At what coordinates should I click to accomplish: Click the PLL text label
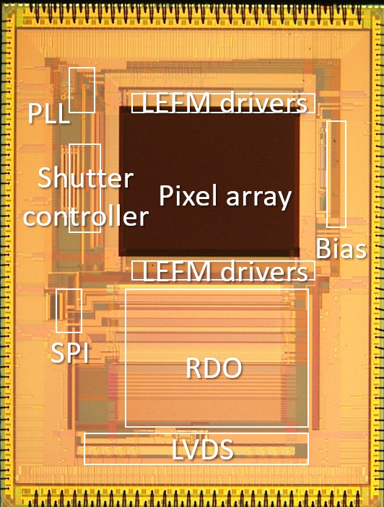tap(48, 113)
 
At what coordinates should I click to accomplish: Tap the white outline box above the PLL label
tap(69, 90)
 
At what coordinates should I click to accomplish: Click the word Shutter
tap(85, 177)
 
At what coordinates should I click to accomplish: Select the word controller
tap(86, 216)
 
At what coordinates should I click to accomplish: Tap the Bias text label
tap(341, 248)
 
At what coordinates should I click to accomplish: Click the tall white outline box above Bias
tap(327, 174)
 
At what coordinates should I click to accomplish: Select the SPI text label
tap(69, 353)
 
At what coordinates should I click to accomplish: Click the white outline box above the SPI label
tap(56, 310)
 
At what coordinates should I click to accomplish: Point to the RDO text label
tap(214, 368)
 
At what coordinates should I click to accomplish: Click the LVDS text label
tap(203, 449)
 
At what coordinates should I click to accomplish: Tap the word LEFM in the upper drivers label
tap(176, 103)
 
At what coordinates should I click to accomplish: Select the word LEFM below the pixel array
tap(177, 271)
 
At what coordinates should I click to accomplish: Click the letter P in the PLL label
tap(35, 113)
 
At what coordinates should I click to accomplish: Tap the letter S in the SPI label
tap(58, 353)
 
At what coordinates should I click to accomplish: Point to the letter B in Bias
tap(323, 248)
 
